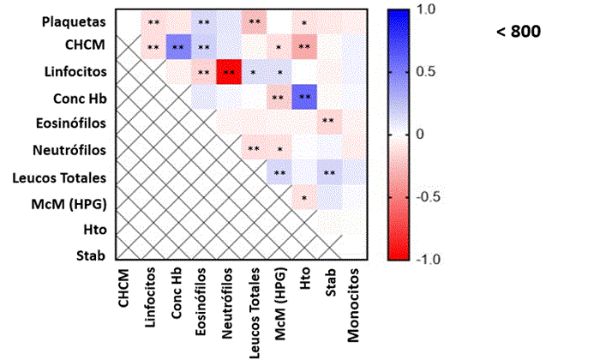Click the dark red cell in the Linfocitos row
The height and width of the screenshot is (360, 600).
(x=229, y=72)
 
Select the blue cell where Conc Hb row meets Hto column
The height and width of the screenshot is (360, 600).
(x=304, y=98)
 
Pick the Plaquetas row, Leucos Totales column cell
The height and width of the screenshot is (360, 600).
(x=254, y=21)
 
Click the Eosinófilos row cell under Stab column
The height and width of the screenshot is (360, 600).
(x=328, y=123)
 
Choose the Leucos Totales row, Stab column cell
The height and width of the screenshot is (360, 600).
(x=328, y=175)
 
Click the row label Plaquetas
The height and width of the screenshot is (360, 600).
(x=75, y=21)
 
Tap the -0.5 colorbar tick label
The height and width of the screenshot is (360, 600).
(x=427, y=196)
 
